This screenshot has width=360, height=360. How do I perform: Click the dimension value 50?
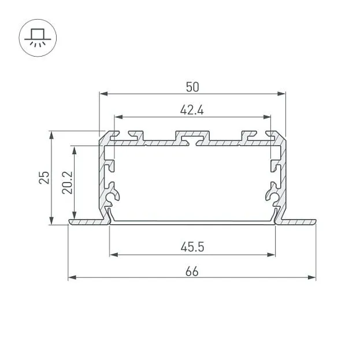tap(192, 87)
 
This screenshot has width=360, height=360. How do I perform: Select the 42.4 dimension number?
tap(192, 110)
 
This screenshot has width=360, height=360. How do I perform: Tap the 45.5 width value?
tap(192, 247)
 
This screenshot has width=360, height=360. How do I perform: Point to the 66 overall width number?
tap(192, 272)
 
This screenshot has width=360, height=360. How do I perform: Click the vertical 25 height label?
tap(44, 177)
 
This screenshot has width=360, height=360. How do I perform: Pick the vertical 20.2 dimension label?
tap(67, 183)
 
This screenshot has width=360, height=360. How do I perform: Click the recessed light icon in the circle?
tap(38, 38)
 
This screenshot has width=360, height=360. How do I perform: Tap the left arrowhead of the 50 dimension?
tap(104, 94)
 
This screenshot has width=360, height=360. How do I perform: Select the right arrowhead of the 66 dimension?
tap(311, 277)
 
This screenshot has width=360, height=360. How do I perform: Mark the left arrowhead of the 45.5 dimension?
tap(114, 255)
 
